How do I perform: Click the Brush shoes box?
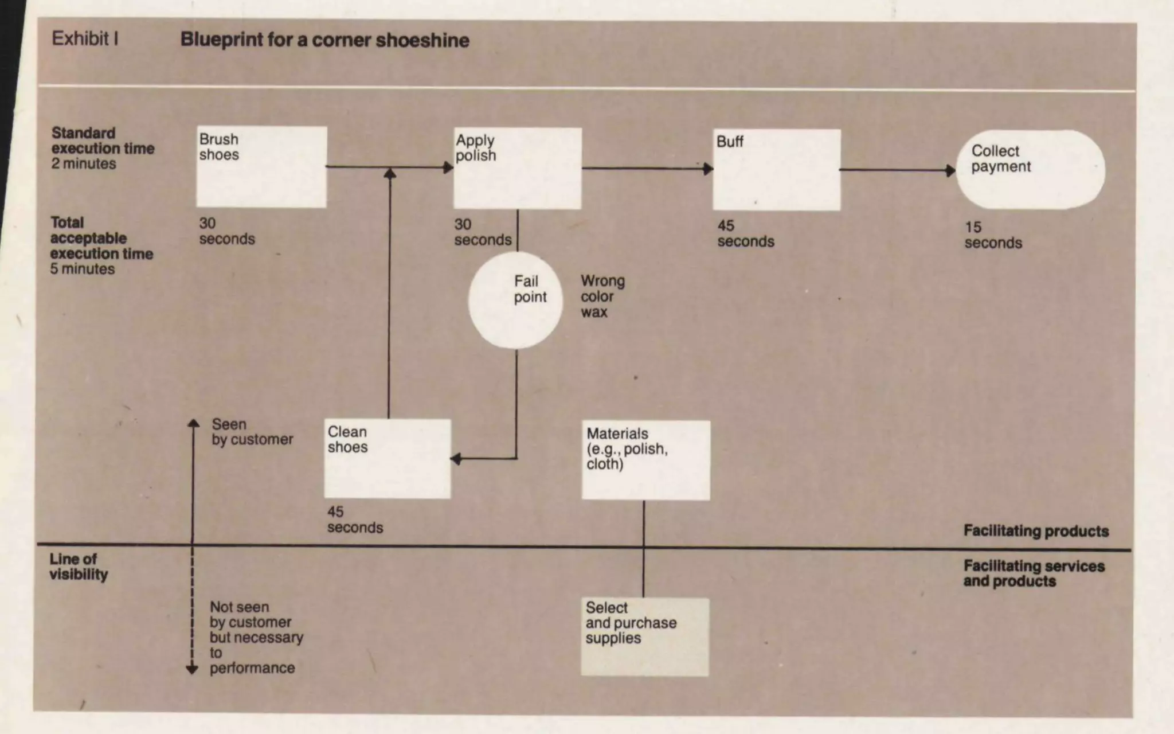pyautogui.click(x=261, y=167)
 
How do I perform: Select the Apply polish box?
pyautogui.click(x=518, y=168)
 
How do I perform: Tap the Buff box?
pyautogui.click(x=777, y=170)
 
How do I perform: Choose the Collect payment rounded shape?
pyautogui.click(x=1030, y=169)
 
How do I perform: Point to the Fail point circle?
pyautogui.click(x=515, y=300)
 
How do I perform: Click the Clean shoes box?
pyautogui.click(x=388, y=459)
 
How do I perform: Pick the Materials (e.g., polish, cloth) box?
pyautogui.click(x=646, y=460)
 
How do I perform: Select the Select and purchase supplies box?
pyautogui.click(x=645, y=637)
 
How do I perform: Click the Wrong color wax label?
pyautogui.click(x=602, y=296)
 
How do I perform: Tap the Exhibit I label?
pyautogui.click(x=85, y=38)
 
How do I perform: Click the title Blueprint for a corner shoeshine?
pyautogui.click(x=324, y=40)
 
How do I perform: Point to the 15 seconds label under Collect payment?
pyautogui.click(x=993, y=235)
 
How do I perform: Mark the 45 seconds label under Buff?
pyautogui.click(x=745, y=233)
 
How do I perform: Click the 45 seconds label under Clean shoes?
pyautogui.click(x=355, y=520)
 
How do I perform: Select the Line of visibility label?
pyautogui.click(x=79, y=567)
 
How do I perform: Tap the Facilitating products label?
pyautogui.click(x=1036, y=531)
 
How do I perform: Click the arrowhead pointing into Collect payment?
pyautogui.click(x=950, y=170)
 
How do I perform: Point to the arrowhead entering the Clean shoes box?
pyautogui.click(x=456, y=459)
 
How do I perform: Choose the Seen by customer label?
pyautogui.click(x=252, y=432)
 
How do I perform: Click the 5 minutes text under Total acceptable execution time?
pyautogui.click(x=83, y=269)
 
